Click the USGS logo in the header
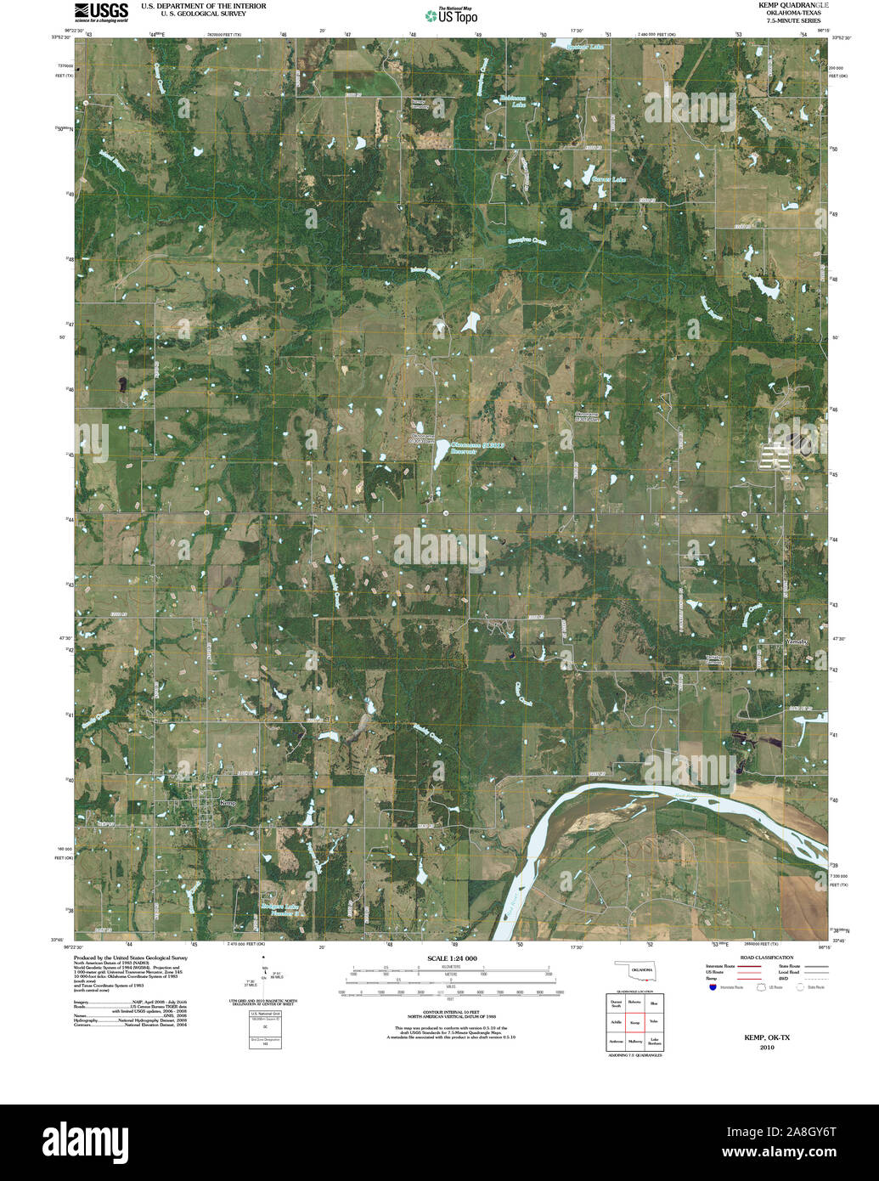point(100,11)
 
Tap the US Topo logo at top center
point(451,14)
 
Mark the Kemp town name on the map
point(228,802)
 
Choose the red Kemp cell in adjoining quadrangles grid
point(634,1021)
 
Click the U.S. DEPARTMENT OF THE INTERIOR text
point(203,6)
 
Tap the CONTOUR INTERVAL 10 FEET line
point(449,1011)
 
